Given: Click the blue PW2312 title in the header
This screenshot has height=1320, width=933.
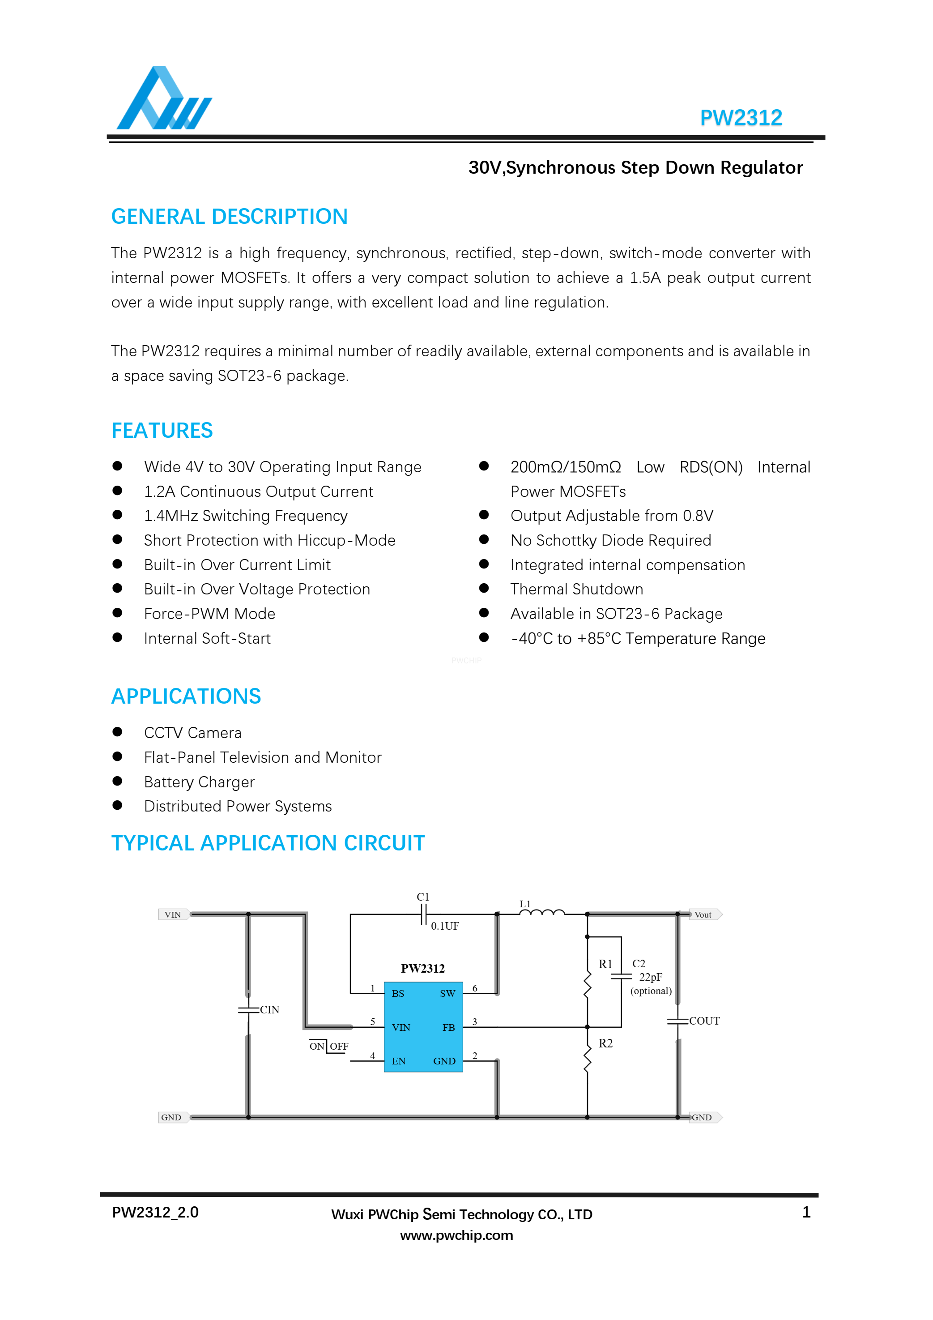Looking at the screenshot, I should tap(741, 118).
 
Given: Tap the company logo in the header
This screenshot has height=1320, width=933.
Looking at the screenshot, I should tap(164, 99).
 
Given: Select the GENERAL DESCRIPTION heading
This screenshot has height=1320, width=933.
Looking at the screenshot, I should tap(230, 217).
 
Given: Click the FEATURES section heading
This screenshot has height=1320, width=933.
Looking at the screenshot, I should tap(162, 431).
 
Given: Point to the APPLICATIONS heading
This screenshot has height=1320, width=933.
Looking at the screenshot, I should tap(186, 696).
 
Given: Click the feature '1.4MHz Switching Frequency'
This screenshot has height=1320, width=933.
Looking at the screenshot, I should tap(246, 516).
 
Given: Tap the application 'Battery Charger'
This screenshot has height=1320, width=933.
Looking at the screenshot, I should tap(199, 782).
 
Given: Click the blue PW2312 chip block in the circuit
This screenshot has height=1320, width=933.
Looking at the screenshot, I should tap(423, 1027).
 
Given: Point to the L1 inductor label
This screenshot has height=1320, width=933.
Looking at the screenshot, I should tap(525, 904).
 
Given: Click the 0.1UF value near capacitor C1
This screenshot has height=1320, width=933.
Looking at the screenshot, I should tap(445, 926).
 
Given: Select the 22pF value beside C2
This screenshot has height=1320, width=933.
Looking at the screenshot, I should tap(650, 977).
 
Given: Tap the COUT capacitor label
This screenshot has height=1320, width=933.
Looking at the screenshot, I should tap(704, 1021).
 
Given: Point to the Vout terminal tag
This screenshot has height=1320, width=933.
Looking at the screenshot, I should tap(703, 914).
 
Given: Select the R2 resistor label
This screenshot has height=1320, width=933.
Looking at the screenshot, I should tap(605, 1043).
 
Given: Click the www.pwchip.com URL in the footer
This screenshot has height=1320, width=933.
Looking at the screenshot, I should tap(456, 1235).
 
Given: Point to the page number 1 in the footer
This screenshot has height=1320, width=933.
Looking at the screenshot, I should tap(806, 1213).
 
